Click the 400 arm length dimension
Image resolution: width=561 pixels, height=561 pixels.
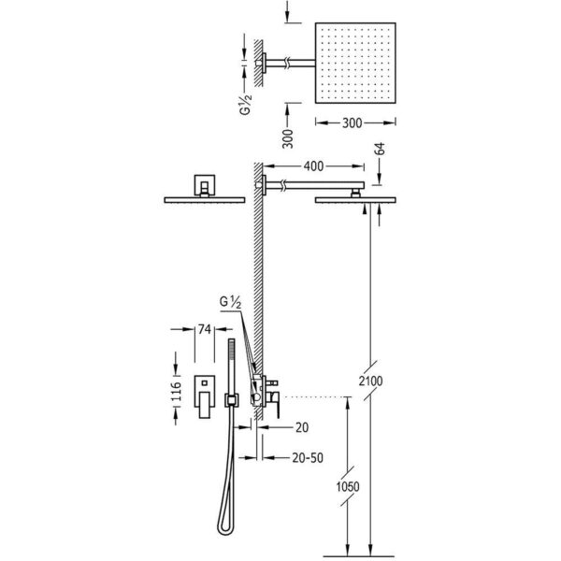tap(313, 166)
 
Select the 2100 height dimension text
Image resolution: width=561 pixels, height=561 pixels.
tap(370, 381)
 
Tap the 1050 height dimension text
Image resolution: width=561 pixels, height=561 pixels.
tap(348, 486)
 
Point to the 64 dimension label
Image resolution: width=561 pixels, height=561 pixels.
tap(381, 149)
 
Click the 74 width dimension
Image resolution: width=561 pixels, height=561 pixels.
tap(204, 329)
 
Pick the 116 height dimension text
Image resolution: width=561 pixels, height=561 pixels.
tap(176, 391)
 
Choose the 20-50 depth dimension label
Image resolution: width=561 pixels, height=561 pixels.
tap(308, 457)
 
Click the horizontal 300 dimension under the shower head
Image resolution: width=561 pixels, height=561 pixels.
tap(352, 123)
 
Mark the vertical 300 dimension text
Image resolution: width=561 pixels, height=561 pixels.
tap(287, 138)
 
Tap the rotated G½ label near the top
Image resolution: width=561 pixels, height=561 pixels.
tap(245, 104)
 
